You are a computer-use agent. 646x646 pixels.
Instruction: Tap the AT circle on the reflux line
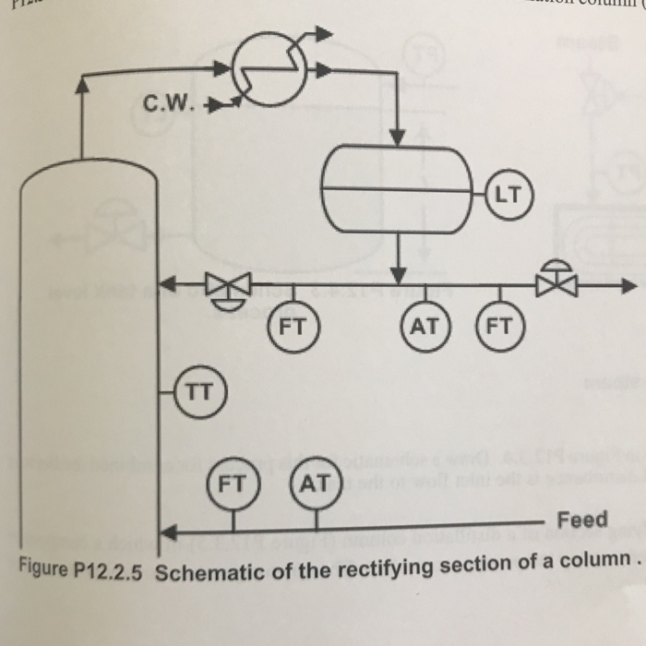pos(425,325)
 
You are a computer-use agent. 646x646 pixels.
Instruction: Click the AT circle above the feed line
pos(315,482)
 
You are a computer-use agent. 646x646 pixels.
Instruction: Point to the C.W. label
pos(171,103)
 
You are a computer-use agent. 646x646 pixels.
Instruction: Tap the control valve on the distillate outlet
pos(557,281)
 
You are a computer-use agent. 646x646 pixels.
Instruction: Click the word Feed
pos(582,519)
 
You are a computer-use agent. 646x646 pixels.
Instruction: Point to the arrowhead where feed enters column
pos(167,532)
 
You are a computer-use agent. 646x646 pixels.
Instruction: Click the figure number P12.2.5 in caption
pos(110,569)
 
